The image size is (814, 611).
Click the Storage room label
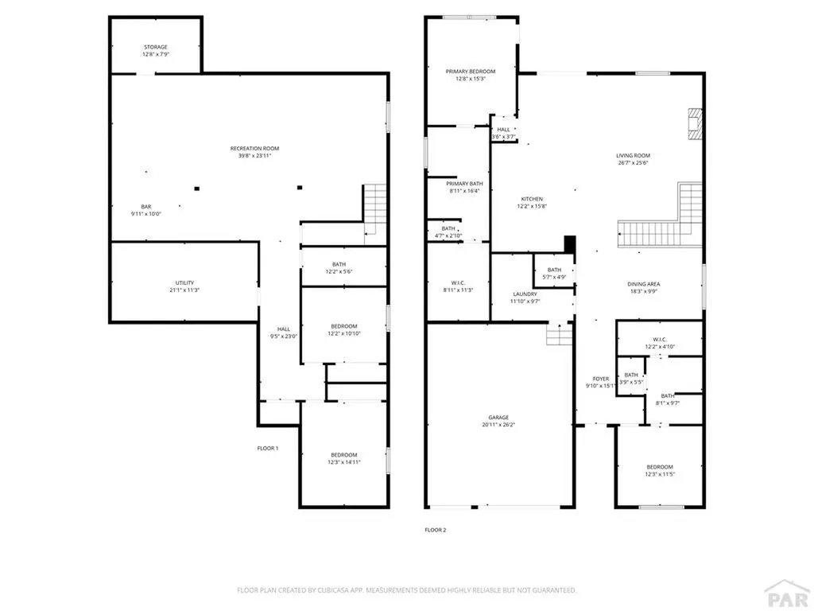(x=156, y=47)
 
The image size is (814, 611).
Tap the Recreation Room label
(x=254, y=148)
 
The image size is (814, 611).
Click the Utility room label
(x=184, y=283)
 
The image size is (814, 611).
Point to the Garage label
(x=498, y=418)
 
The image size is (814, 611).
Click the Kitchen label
(x=532, y=199)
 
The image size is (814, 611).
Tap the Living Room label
(x=633, y=156)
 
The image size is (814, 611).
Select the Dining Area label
(x=643, y=284)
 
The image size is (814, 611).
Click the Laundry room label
(x=525, y=294)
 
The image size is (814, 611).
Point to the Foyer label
(x=600, y=379)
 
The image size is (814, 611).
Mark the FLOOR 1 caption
(x=267, y=448)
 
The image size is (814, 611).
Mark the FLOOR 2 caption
(x=435, y=529)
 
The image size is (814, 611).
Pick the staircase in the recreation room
(x=374, y=208)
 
